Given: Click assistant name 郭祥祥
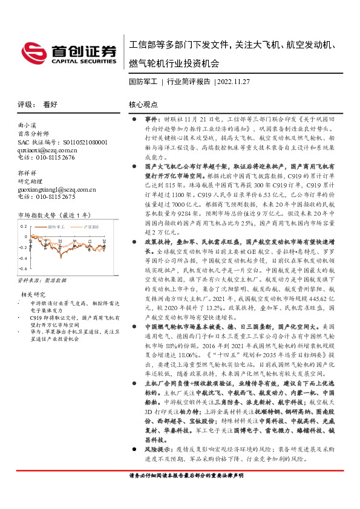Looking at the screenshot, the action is (x=27, y=173).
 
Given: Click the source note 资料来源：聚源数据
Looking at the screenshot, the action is (x=38, y=281).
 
